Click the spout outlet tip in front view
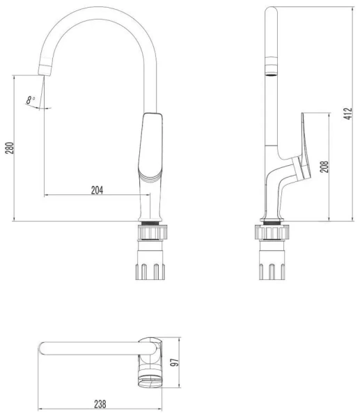tap(45, 70)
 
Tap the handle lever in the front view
tap(153, 146)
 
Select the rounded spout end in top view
tap(43, 348)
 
